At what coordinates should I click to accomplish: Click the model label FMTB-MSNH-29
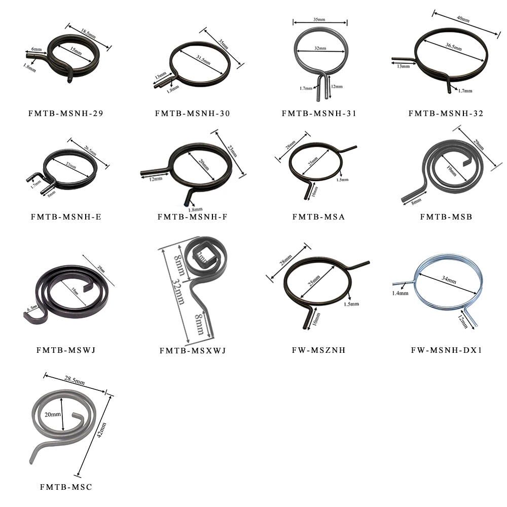[66, 114]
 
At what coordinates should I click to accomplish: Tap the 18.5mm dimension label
[86, 31]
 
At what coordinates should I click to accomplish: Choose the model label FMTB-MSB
[446, 217]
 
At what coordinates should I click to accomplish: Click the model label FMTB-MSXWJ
[193, 350]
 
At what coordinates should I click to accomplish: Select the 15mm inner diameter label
[76, 51]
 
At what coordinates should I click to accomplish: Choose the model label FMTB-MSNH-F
[193, 217]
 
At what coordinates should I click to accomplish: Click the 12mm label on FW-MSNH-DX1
[462, 321]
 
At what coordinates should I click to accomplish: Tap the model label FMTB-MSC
[66, 487]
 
